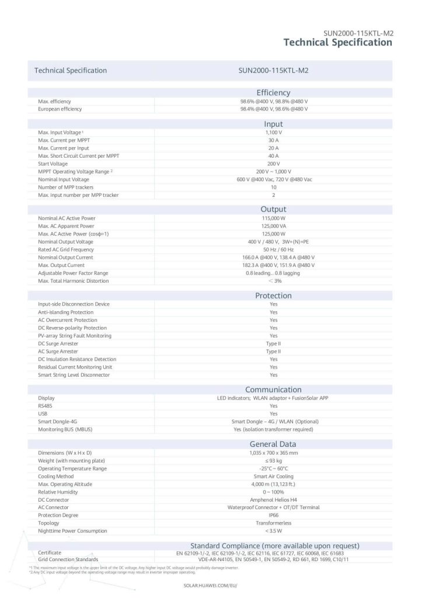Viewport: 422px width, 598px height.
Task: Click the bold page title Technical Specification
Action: tap(337, 43)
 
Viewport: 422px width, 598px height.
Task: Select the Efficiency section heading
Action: tap(273, 93)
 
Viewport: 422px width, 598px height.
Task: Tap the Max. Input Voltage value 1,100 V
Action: tap(273, 133)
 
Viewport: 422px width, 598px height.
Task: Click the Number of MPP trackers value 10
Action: tap(273, 187)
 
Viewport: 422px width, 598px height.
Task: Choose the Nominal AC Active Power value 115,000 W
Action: tap(273, 218)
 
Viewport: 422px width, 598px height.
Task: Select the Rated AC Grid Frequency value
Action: tap(273, 250)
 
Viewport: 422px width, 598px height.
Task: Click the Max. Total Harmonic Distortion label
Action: tap(73, 281)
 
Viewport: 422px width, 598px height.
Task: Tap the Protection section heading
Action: tap(273, 296)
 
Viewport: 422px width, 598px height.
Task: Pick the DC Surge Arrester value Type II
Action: tap(273, 344)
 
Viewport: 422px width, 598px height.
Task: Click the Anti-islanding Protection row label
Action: tap(65, 312)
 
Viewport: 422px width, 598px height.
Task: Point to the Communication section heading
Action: tap(273, 390)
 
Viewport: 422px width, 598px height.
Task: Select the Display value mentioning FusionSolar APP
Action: tap(273, 398)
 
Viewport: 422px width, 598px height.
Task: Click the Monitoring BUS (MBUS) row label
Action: tap(65, 430)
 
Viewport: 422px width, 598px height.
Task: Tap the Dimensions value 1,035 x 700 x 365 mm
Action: tap(273, 453)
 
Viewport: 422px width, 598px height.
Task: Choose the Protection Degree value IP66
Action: tap(273, 516)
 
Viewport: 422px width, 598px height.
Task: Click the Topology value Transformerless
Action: tap(273, 524)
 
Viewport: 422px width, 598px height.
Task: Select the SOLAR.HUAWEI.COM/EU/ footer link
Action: tap(210, 585)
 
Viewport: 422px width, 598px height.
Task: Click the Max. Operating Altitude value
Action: tap(273, 485)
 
